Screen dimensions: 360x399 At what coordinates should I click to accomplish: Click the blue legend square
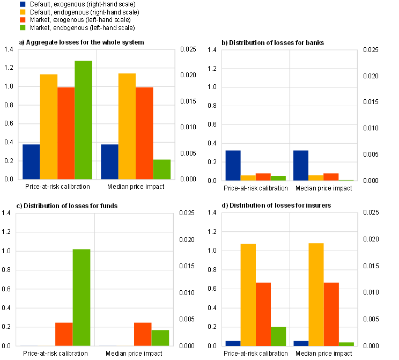tap(23, 4)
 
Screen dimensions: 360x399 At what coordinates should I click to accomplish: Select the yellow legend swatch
tap(23, 12)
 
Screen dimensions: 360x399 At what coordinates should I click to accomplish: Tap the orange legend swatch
tap(23, 20)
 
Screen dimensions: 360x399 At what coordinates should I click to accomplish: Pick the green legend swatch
tap(23, 27)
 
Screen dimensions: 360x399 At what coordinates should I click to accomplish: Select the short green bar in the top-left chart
tap(162, 170)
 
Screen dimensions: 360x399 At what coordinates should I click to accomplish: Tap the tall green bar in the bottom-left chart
tap(82, 297)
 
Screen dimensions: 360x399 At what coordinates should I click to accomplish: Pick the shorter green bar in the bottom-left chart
tap(160, 338)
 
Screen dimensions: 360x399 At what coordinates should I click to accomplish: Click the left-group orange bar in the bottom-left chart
tap(64, 334)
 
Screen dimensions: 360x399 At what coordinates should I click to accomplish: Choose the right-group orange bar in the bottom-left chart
tap(143, 334)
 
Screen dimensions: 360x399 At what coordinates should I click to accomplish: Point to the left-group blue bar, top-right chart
tap(233, 165)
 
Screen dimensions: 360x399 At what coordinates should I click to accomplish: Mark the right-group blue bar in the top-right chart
tap(301, 165)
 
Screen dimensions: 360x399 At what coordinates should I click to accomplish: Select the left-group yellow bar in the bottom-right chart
tap(248, 295)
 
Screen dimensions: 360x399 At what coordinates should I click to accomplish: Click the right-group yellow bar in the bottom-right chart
tap(316, 295)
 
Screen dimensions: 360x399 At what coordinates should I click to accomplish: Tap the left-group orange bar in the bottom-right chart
tap(263, 314)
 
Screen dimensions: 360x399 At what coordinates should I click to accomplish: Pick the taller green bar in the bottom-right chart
tap(279, 336)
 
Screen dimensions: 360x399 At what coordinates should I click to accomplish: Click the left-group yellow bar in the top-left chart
tap(49, 127)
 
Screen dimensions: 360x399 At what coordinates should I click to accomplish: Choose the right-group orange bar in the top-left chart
tap(144, 133)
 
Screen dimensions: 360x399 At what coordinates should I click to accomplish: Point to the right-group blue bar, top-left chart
tap(109, 162)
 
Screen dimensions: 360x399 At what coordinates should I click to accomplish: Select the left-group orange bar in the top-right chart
tap(263, 177)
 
